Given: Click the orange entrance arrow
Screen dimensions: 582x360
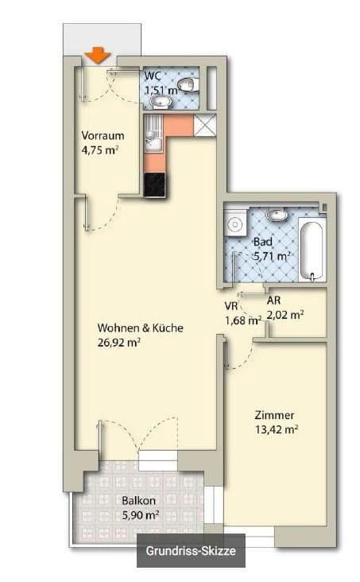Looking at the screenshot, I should click(x=97, y=55).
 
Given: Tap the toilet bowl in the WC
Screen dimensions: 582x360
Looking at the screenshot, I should click(x=187, y=84).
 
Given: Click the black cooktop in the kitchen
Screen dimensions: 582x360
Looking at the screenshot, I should click(x=154, y=184).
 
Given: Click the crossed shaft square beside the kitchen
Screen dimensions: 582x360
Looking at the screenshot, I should click(x=205, y=126).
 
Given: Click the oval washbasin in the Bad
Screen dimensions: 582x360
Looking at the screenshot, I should click(x=277, y=214).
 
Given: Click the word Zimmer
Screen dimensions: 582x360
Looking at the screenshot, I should click(x=275, y=415).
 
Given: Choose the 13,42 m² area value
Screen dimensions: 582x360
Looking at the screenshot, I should click(x=276, y=429).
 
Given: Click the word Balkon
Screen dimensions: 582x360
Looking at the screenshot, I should click(x=138, y=502).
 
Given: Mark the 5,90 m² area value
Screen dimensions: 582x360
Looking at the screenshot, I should click(x=140, y=515).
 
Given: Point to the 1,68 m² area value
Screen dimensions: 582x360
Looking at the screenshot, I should click(x=243, y=320).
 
